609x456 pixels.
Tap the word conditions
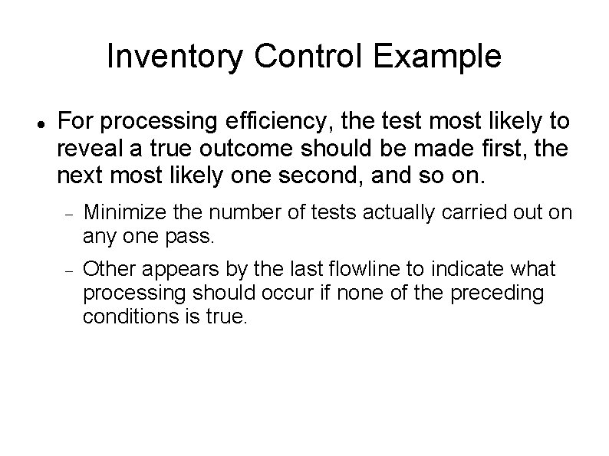pos(122,317)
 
